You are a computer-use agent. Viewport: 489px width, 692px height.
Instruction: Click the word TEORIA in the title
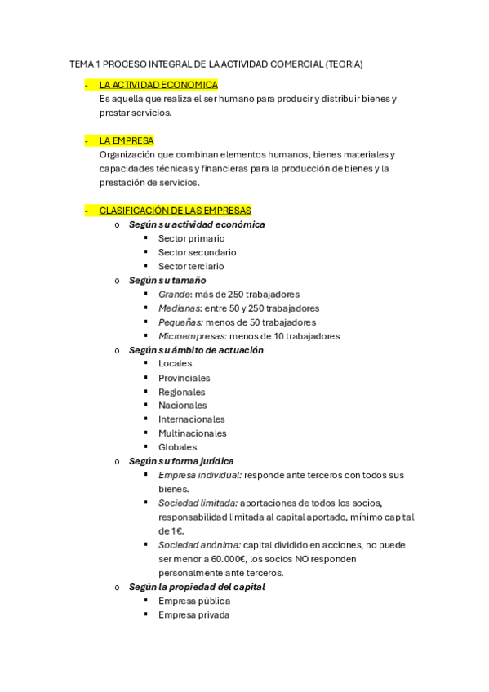(x=345, y=64)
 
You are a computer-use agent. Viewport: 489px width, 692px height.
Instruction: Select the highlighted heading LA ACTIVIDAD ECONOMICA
(x=158, y=84)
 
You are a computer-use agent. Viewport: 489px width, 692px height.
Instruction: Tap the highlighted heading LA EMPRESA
(x=127, y=140)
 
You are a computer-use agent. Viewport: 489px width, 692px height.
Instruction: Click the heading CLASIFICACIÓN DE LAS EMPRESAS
(x=176, y=210)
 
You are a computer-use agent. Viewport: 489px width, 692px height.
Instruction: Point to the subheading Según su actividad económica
(x=197, y=224)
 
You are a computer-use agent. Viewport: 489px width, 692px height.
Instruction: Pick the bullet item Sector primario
(x=192, y=238)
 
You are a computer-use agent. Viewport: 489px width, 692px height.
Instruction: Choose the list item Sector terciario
(x=191, y=266)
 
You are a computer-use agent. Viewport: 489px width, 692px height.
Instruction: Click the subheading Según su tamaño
(x=162, y=280)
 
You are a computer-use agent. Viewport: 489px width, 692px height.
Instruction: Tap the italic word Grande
(x=174, y=294)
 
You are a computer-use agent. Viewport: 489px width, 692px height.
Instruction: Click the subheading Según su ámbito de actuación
(x=196, y=350)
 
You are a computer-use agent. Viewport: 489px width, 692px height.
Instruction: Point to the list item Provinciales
(x=184, y=378)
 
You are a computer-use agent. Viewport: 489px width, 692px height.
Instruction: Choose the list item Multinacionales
(x=193, y=433)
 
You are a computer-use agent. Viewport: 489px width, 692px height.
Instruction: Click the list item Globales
(x=178, y=447)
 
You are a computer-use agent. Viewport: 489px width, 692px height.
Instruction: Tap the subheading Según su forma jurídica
(x=181, y=461)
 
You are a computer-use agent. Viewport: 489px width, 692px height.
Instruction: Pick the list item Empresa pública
(x=194, y=601)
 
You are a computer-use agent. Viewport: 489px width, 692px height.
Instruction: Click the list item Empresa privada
(x=194, y=614)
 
